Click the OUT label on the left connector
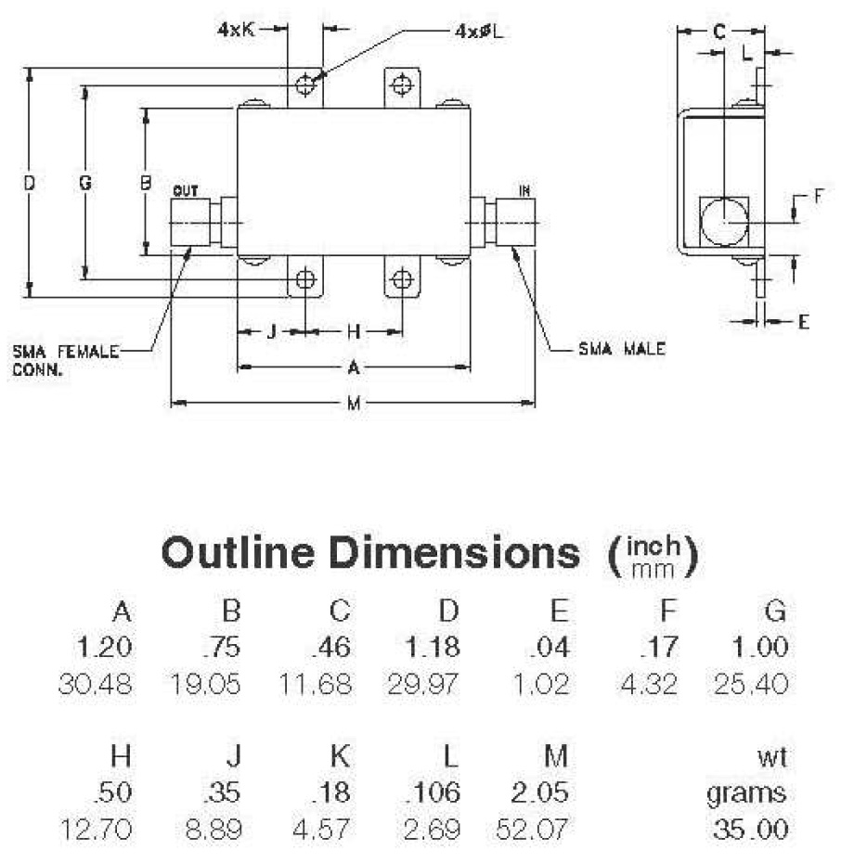tap(187, 191)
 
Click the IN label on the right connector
tap(524, 191)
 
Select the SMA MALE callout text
tap(621, 350)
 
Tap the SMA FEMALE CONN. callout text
tap(66, 360)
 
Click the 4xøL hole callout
tap(484, 30)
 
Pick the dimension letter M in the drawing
tap(353, 404)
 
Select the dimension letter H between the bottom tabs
tap(353, 330)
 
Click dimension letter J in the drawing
tap(271, 330)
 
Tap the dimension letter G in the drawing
tap(84, 184)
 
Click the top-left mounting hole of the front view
tap(305, 86)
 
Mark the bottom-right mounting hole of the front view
tap(402, 279)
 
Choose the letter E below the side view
tap(804, 321)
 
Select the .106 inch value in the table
tap(432, 793)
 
